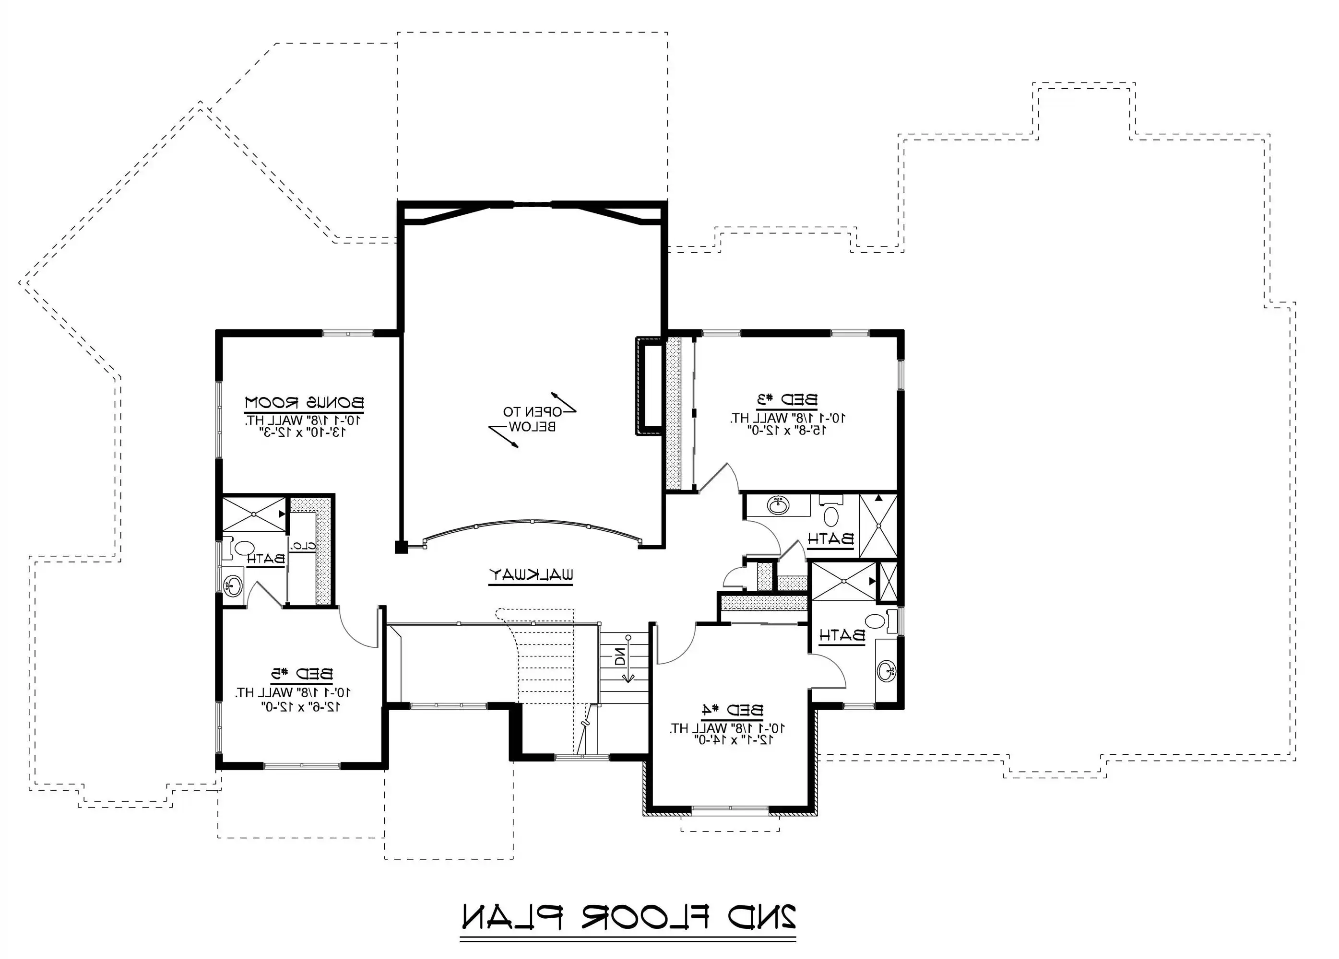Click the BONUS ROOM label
pos(305,403)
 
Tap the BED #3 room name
pos(788,399)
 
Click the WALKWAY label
pos(531,574)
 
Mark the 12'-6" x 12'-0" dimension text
pos(300,705)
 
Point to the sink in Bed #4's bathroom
pos(887,671)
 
